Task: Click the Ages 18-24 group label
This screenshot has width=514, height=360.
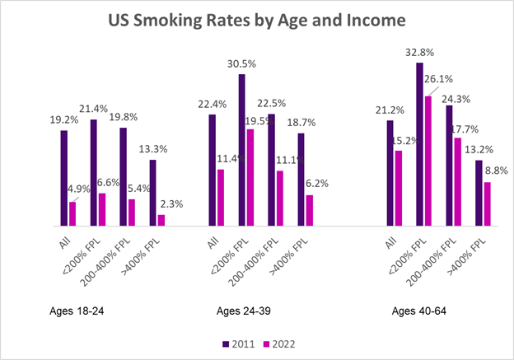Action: click(x=78, y=311)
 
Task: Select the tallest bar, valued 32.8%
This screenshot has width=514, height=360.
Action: click(x=419, y=143)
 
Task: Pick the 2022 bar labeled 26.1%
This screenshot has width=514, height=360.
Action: click(x=428, y=161)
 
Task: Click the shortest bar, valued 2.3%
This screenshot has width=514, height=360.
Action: click(x=161, y=220)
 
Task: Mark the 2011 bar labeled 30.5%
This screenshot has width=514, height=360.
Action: click(x=242, y=149)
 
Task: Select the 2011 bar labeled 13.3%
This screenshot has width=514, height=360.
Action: click(x=153, y=192)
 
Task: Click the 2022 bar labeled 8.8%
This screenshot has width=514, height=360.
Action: click(x=487, y=203)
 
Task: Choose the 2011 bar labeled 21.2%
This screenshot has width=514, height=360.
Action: click(x=390, y=172)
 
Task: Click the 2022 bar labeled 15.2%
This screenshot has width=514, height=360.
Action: click(x=398, y=188)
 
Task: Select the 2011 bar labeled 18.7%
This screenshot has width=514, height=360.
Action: click(x=301, y=179)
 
